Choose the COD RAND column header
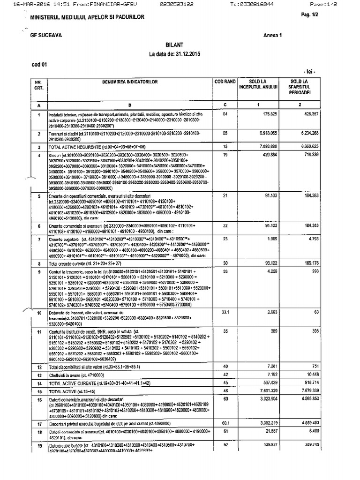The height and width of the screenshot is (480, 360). (x=225, y=82)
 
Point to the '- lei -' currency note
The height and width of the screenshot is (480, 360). (x=309, y=72)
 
